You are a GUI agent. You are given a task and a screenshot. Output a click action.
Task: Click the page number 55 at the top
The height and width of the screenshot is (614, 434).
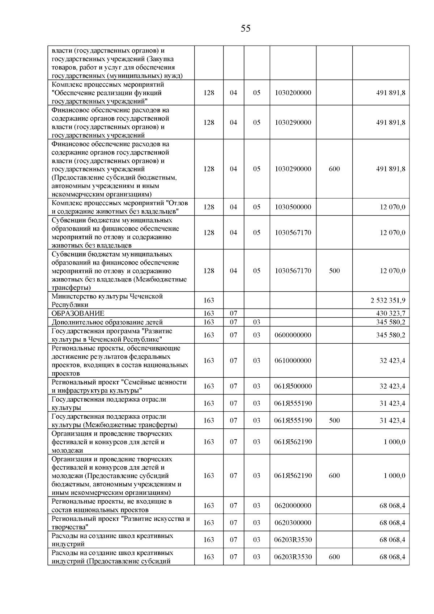pos(245,29)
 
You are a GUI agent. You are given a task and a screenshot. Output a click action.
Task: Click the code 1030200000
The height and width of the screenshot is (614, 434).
pos(293,93)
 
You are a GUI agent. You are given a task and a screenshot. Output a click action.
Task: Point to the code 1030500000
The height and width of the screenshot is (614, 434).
pos(293,207)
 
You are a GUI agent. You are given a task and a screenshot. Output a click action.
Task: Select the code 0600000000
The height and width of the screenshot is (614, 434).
pos(293,335)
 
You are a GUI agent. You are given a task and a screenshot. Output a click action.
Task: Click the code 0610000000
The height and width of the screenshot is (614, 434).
pos(293,361)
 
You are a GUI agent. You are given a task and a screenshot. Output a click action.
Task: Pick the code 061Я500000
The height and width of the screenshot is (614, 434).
pos(293,386)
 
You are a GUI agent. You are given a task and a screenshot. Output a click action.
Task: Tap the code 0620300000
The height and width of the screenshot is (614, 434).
pos(293,523)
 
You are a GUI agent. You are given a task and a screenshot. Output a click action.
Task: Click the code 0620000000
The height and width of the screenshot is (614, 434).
pos(293,506)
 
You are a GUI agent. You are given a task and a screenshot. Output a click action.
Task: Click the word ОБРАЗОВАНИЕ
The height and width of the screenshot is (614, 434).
pos(78,313)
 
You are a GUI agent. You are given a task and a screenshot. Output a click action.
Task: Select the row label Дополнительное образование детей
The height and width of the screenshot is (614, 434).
pos(107,322)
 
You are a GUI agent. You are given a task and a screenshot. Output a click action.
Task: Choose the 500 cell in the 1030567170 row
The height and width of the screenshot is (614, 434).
pos(334,271)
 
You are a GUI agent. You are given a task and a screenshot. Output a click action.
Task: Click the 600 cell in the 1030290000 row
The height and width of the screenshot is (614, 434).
pos(334,169)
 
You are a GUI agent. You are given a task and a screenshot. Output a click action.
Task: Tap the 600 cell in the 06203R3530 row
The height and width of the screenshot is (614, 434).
pos(334,557)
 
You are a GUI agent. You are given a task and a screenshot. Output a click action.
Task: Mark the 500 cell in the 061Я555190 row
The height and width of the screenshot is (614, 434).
pos(334,420)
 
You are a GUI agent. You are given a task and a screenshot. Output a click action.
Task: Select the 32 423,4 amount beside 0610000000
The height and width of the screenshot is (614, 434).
pos(392,361)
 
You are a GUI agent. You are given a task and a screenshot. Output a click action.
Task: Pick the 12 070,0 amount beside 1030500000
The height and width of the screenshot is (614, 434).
pos(392,207)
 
